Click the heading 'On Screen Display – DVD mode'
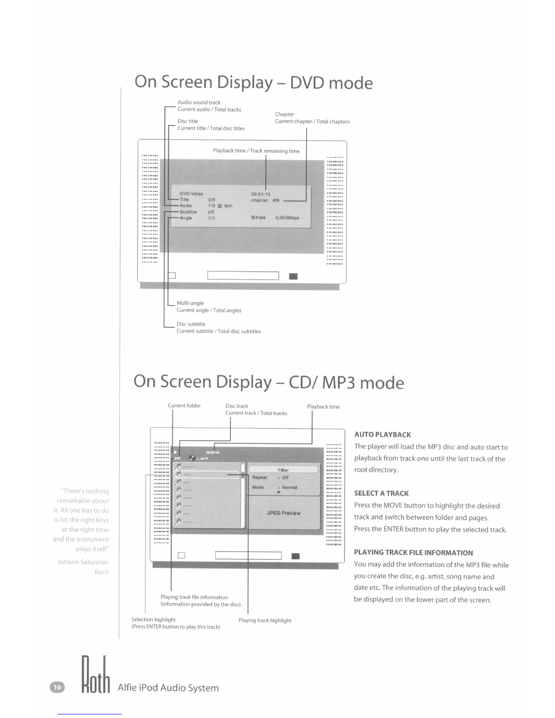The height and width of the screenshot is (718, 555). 253,82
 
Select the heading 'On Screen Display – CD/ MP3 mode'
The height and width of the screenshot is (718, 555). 268,382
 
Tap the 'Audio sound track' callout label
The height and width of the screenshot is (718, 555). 199,102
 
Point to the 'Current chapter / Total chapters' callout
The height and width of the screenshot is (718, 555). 312,121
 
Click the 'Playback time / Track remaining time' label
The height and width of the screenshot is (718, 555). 256,151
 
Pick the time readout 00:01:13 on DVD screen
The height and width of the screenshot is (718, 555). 261,194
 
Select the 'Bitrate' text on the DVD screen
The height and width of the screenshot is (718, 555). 258,218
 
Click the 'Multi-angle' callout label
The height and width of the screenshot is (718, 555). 190,303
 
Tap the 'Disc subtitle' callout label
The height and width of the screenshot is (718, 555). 191,324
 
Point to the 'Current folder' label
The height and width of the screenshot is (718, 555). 184,406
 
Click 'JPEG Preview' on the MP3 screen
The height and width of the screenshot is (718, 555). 283,513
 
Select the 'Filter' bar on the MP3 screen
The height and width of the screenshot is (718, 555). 283,470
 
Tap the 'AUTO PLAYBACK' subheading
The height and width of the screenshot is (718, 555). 383,435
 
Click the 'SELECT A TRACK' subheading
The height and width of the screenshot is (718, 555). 381,494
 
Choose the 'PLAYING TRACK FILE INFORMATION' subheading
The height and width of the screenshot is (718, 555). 414,553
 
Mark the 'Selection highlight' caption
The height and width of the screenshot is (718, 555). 153,620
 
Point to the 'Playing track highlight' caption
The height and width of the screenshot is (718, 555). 265,621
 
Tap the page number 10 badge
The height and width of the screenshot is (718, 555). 57,688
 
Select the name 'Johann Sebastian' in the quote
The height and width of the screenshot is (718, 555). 83,562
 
